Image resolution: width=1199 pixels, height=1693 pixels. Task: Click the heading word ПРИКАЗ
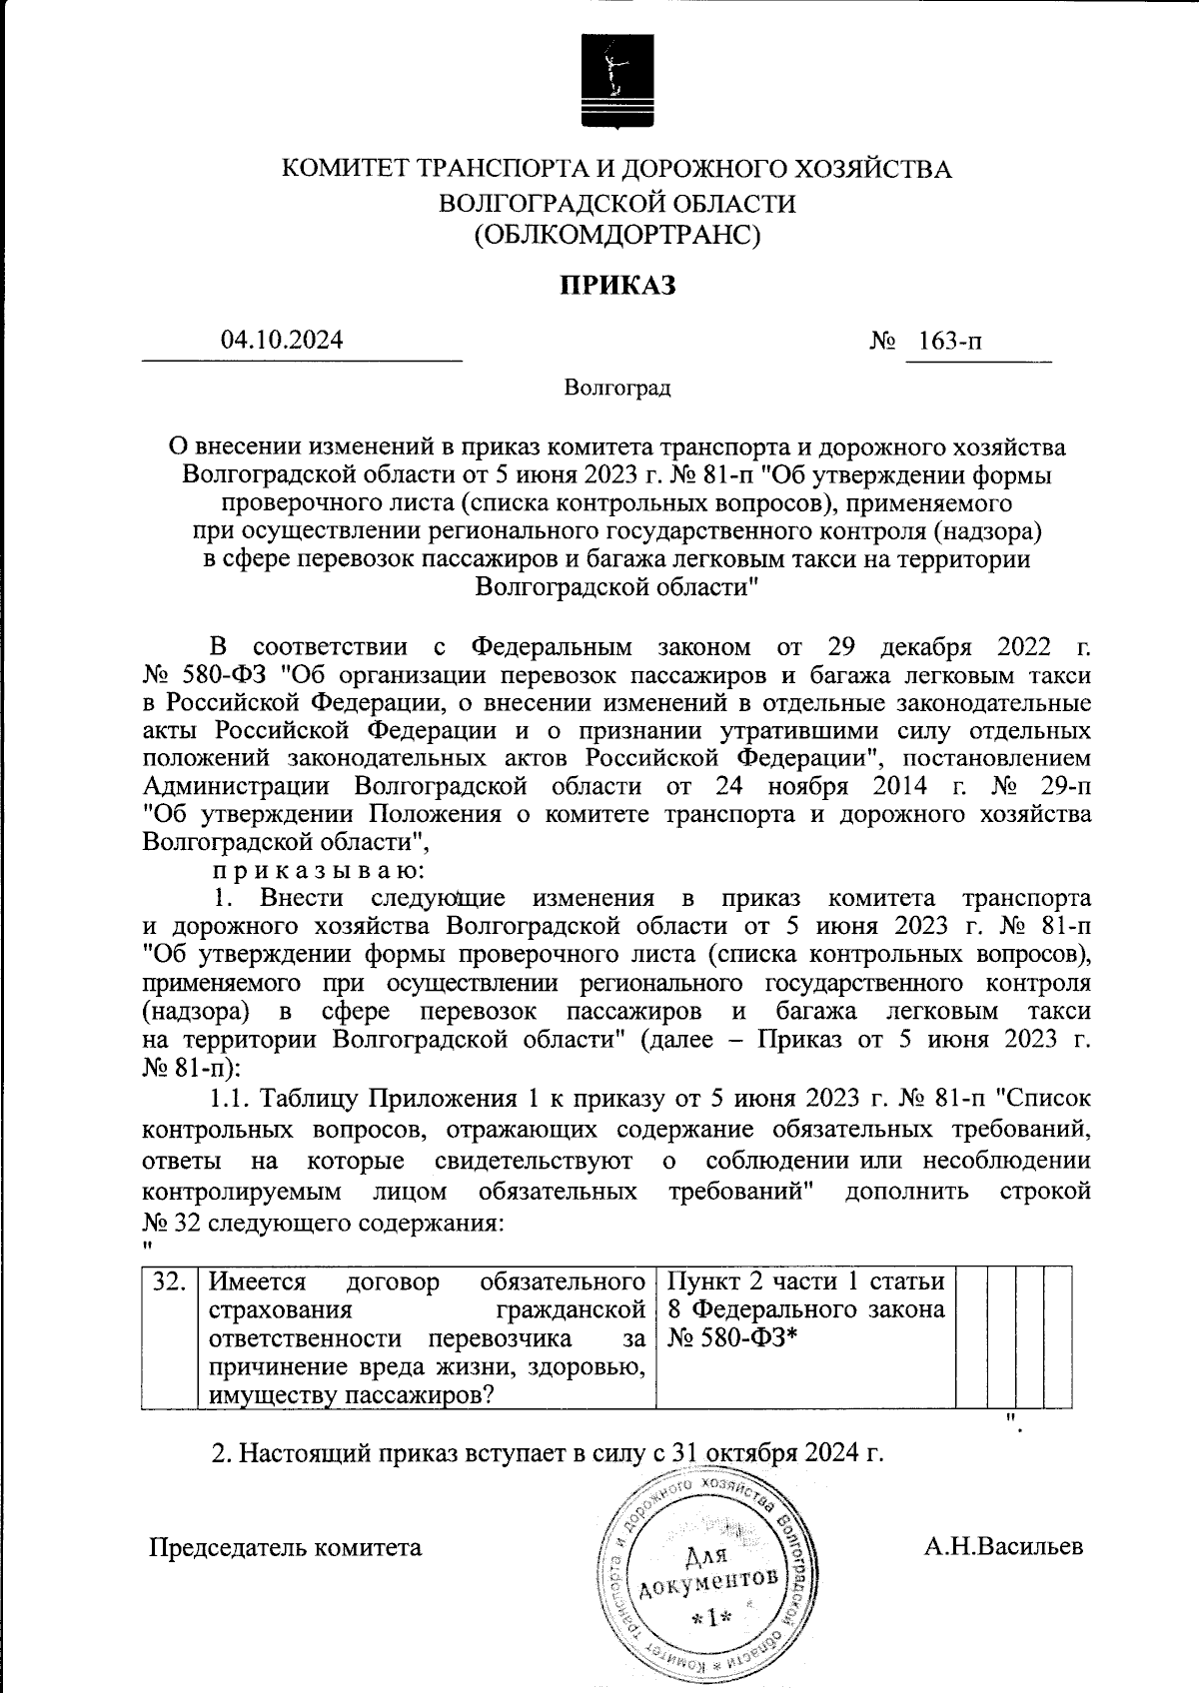(x=616, y=286)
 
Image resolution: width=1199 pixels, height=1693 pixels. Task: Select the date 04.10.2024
(x=282, y=340)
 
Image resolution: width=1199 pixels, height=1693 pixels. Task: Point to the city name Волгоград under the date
(x=616, y=388)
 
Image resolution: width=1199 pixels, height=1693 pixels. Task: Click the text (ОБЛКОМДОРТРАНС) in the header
(x=616, y=236)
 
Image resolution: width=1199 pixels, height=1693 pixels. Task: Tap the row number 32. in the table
(x=170, y=1281)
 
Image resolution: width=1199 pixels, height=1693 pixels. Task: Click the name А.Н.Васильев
(x=1003, y=1547)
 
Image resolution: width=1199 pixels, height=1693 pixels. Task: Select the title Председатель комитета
(x=286, y=1548)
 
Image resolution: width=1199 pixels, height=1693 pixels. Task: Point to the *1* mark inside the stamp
(x=711, y=1617)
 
